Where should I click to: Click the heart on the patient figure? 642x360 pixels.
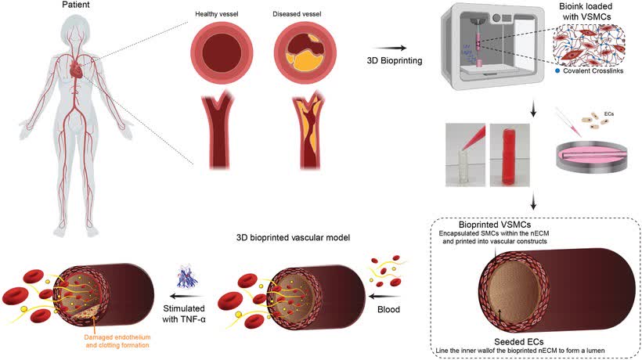[75, 71]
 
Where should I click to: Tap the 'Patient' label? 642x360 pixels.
[75, 5]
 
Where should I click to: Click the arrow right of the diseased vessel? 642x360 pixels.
[398, 48]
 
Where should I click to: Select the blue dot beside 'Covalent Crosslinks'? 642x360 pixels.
[557, 72]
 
